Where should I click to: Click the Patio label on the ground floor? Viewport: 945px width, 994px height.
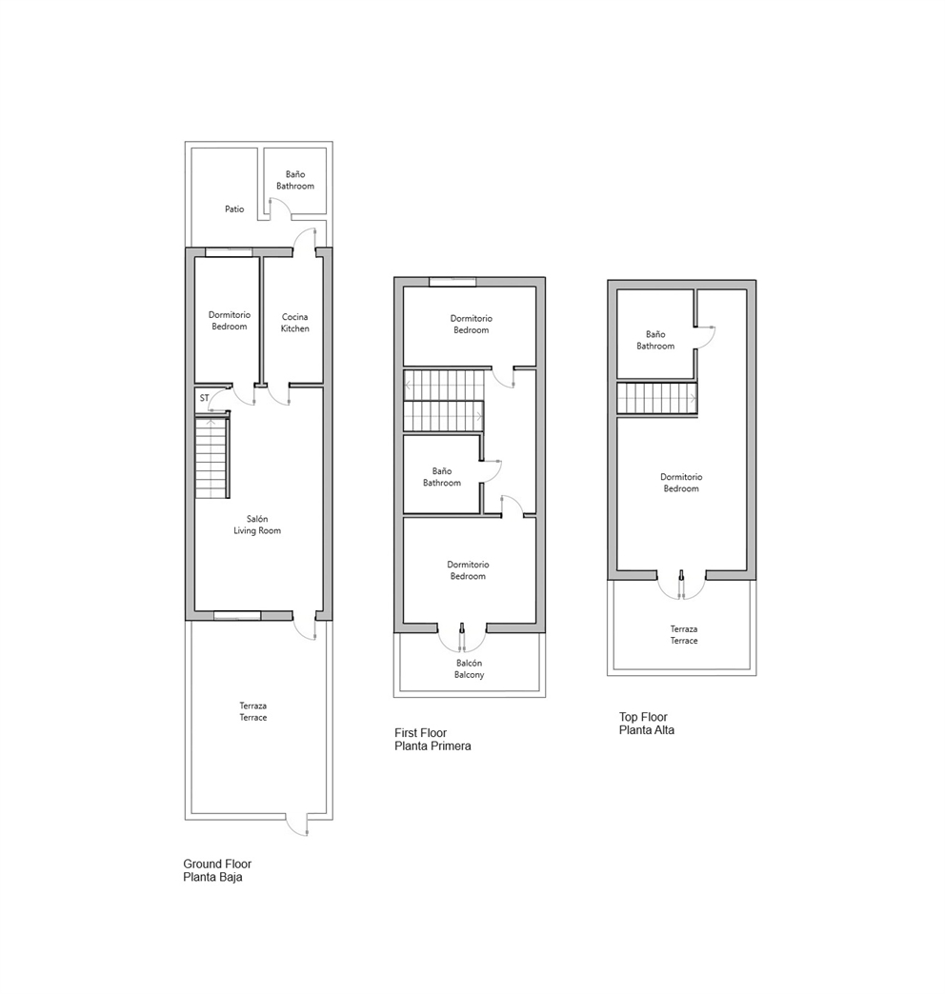click(x=234, y=209)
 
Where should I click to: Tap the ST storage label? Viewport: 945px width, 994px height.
click(x=204, y=398)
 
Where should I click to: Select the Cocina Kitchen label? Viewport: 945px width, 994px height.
click(x=295, y=323)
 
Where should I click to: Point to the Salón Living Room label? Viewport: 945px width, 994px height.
click(x=257, y=525)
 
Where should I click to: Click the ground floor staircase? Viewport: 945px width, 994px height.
click(x=212, y=460)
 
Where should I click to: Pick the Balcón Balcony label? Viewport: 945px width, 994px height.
click(x=469, y=668)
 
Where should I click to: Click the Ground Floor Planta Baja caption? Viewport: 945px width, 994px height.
click(x=217, y=870)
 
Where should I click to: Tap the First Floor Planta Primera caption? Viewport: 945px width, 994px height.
click(x=432, y=740)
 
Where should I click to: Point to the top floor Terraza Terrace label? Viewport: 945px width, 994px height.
click(x=683, y=635)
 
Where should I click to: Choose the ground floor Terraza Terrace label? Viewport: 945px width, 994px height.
click(x=253, y=711)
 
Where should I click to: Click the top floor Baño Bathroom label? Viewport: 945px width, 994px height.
click(x=655, y=340)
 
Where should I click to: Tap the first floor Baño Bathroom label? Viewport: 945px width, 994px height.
click(x=441, y=477)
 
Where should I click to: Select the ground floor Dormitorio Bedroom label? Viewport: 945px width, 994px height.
click(x=228, y=321)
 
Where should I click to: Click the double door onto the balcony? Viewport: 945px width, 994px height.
click(x=462, y=630)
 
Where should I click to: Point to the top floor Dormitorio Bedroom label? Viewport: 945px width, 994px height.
click(x=681, y=483)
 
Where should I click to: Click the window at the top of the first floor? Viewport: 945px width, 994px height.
click(x=452, y=281)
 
